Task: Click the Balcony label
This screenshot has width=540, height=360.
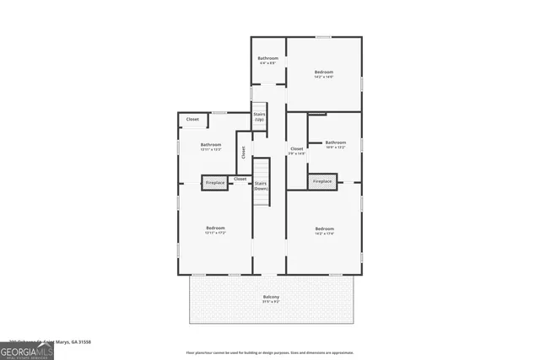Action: [270, 297]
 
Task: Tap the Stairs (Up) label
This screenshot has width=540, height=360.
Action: [260, 116]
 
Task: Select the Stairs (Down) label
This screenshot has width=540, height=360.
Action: [261, 185]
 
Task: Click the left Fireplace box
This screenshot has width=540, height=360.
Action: [215, 182]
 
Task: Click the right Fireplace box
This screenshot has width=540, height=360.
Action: [322, 181]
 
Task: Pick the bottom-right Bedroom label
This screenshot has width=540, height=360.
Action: [324, 228]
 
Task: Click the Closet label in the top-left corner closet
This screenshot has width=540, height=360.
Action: [192, 120]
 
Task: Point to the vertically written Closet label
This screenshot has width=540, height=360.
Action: [243, 153]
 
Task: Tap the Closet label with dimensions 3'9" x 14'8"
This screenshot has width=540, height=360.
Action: [296, 151]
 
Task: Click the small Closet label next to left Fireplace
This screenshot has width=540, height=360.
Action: [240, 179]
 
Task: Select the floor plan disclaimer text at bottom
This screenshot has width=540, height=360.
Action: [270, 352]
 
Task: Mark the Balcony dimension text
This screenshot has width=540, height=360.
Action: [270, 301]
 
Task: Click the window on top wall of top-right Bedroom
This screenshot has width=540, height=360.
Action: [323, 37]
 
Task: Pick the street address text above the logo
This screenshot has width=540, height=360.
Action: [51, 341]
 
